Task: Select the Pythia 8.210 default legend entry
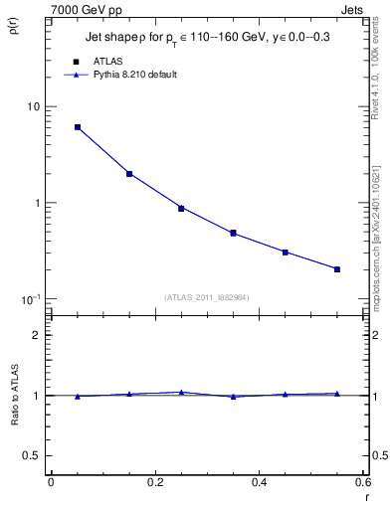click(134, 75)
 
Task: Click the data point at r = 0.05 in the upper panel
click(78, 127)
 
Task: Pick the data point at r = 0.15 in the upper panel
click(129, 174)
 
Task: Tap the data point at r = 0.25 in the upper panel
click(181, 208)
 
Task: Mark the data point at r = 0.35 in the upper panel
click(233, 234)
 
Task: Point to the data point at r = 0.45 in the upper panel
click(285, 253)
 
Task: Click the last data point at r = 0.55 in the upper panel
click(337, 269)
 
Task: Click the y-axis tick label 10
click(33, 107)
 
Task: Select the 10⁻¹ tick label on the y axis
click(31, 299)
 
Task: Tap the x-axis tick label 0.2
click(154, 482)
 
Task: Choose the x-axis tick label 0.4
click(259, 482)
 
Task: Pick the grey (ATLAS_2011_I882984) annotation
click(207, 296)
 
